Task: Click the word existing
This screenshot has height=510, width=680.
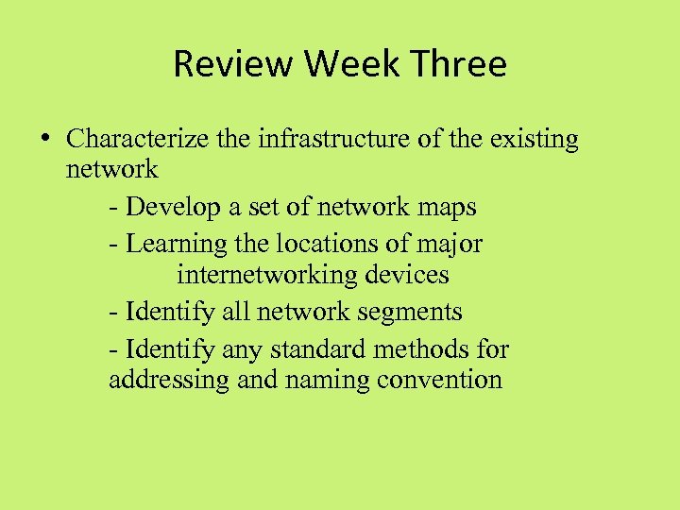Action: coord(533,140)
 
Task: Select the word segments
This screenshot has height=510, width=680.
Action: coord(413,312)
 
